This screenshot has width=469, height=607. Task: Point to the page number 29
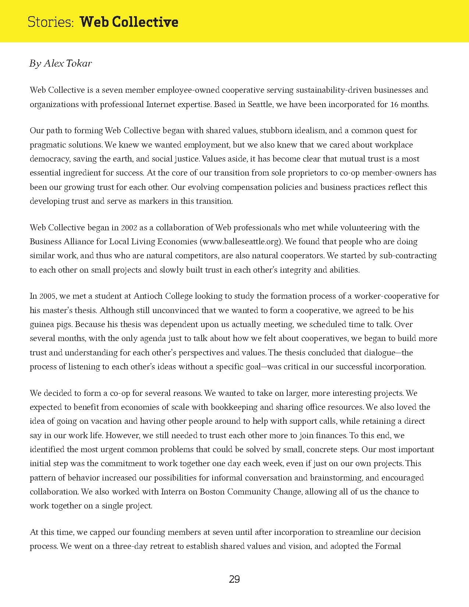[x=234, y=579]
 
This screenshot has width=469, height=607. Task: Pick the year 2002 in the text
[x=129, y=228]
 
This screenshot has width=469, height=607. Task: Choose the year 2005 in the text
[x=48, y=296]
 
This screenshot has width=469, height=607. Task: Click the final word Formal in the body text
[x=388, y=546]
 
